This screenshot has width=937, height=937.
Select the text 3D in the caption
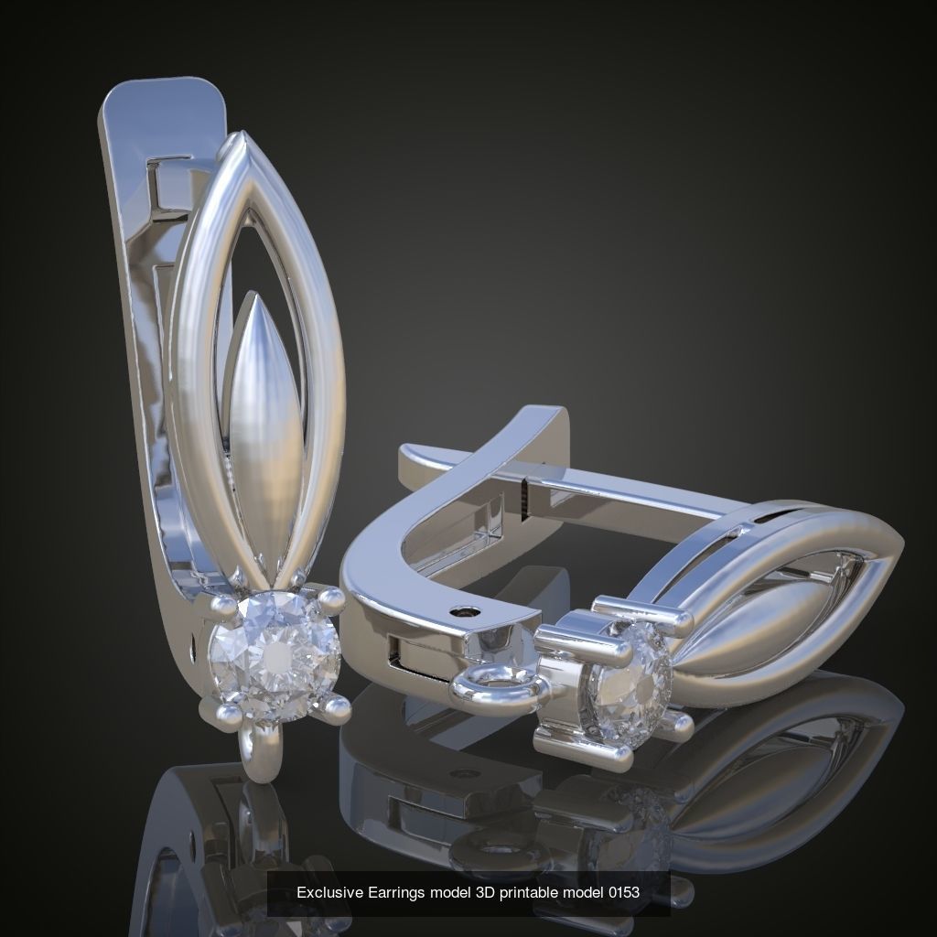[485, 892]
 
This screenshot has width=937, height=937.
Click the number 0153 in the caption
[623, 892]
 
